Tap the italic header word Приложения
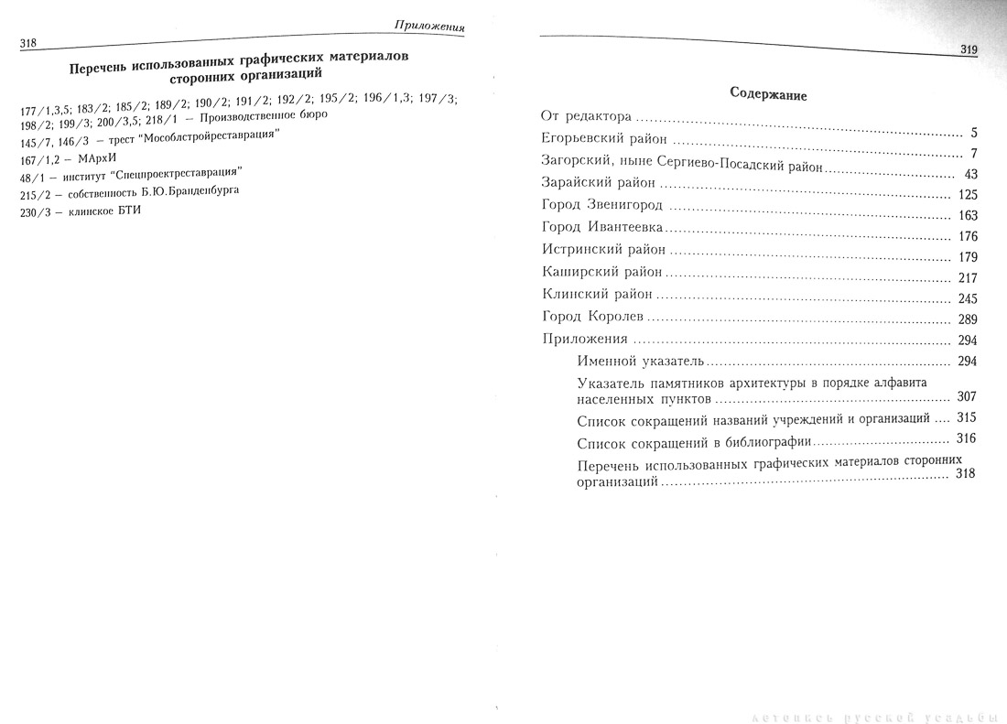click(426, 24)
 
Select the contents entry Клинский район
click(597, 295)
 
